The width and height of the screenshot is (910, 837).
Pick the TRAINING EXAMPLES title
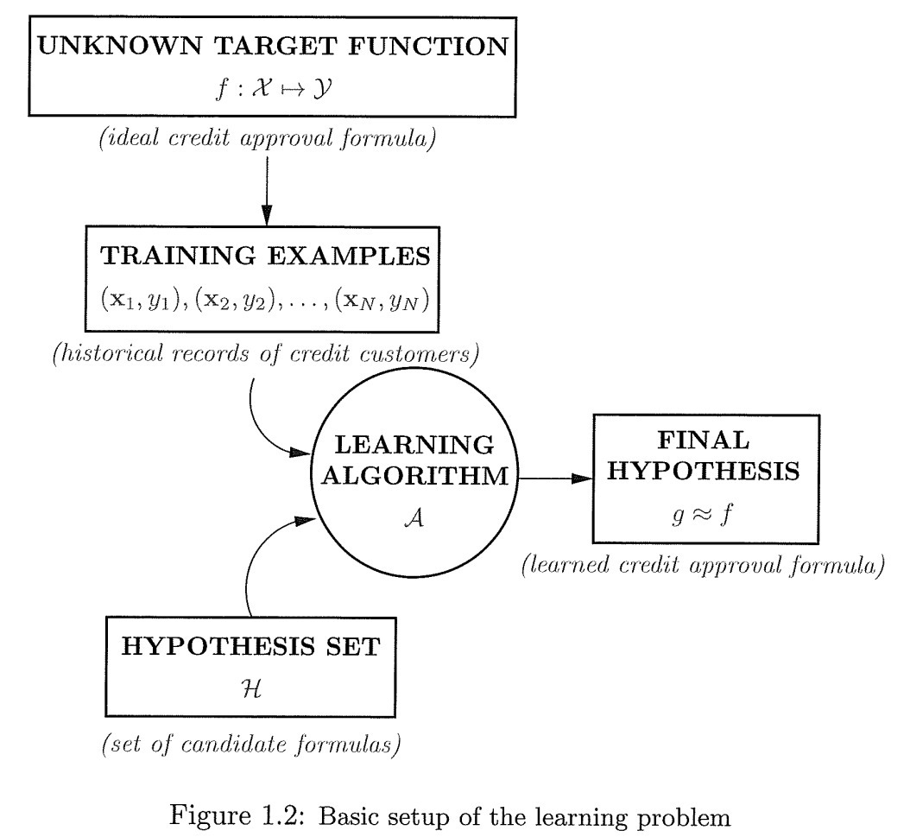(267, 257)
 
